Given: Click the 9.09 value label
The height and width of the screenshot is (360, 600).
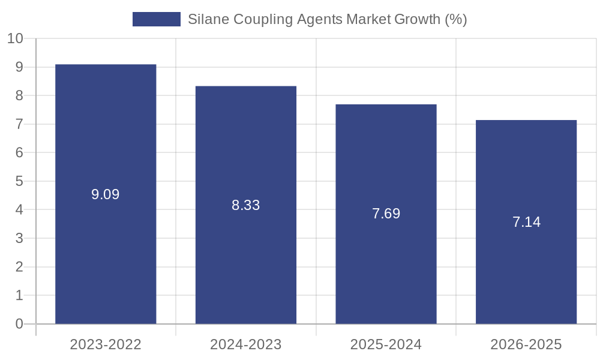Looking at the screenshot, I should point(106,194).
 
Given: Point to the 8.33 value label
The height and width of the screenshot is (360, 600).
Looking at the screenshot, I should point(246,205).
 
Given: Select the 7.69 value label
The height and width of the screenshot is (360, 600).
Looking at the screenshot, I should point(386,214).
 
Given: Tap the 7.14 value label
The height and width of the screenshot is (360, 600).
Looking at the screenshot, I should point(526,222).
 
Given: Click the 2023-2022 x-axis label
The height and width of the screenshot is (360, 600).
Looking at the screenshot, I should point(106,344).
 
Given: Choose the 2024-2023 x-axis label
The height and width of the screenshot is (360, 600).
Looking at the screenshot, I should point(246,344).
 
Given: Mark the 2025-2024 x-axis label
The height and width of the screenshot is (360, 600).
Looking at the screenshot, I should point(386,344).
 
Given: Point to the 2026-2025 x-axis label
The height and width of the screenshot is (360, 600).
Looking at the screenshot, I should point(526,344).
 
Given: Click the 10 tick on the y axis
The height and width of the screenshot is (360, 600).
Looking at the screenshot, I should point(15,38).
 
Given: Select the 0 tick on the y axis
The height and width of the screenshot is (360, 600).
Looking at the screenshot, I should point(19,324).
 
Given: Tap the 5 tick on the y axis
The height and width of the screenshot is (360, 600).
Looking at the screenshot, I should point(19,181).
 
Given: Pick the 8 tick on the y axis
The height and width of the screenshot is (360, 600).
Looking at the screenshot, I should point(19,95).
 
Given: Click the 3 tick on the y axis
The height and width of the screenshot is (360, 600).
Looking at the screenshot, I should point(19,238).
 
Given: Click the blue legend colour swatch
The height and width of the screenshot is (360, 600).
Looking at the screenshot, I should point(156,19).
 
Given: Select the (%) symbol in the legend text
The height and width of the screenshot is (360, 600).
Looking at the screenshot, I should point(456,19).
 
